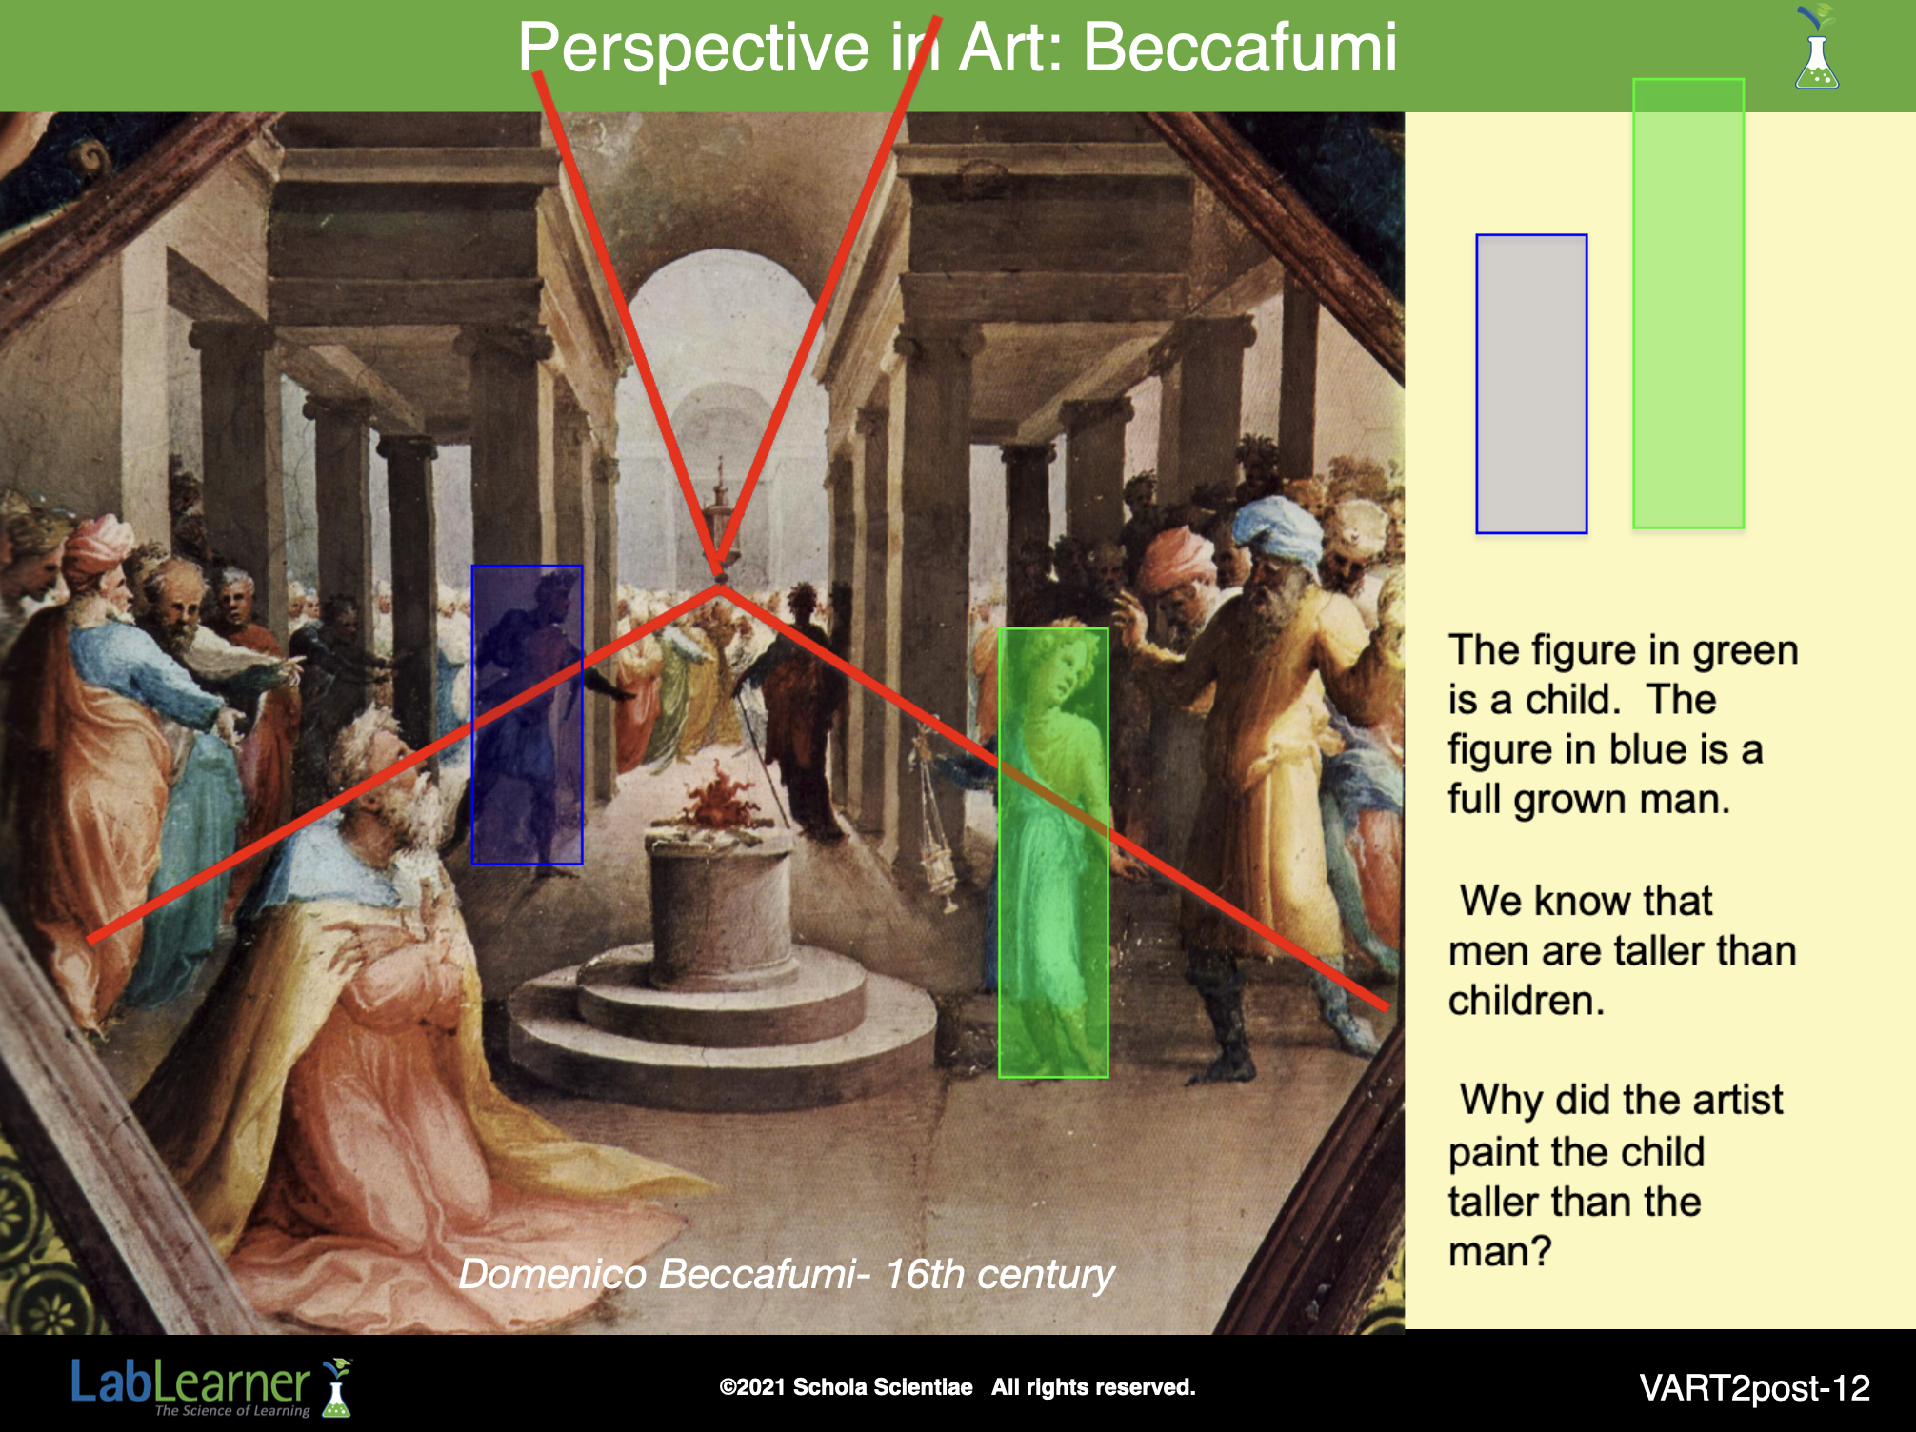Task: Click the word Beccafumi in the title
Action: click(1240, 47)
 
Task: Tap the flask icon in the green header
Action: click(1817, 49)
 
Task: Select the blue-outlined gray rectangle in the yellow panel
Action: click(1531, 384)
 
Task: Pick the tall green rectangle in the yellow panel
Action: click(1688, 304)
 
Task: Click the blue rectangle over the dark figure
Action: click(527, 715)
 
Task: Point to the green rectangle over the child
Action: click(1053, 853)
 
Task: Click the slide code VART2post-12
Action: click(1755, 1388)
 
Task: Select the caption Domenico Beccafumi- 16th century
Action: click(787, 1274)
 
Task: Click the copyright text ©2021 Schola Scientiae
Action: click(846, 1387)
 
